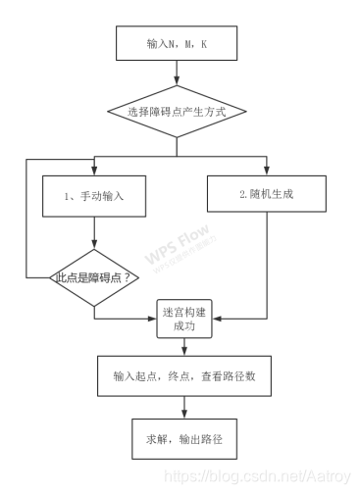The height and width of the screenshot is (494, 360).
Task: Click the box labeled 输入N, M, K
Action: tap(177, 43)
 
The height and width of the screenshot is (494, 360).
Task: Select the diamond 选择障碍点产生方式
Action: tap(177, 113)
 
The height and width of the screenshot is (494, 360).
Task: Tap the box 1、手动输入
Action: tap(93, 195)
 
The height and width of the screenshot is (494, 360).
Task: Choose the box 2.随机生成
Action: tap(266, 194)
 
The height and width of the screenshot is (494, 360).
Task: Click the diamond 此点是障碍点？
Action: tap(93, 277)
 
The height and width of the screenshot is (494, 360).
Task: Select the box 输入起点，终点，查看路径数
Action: tap(178, 376)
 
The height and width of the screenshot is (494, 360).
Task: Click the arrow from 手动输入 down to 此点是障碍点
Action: tap(93, 235)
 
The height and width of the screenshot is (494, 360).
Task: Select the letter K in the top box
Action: tap(204, 44)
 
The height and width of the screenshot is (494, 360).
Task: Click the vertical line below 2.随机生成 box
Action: tap(266, 265)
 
